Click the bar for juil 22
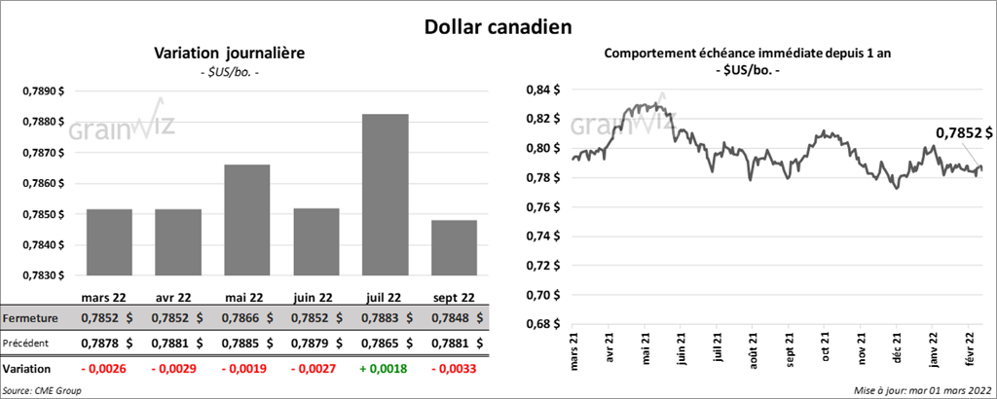(x=385, y=195)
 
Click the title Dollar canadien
(x=498, y=25)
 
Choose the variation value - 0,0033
(x=453, y=369)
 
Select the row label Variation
(x=26, y=369)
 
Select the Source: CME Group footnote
(x=43, y=389)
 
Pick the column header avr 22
(x=178, y=298)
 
